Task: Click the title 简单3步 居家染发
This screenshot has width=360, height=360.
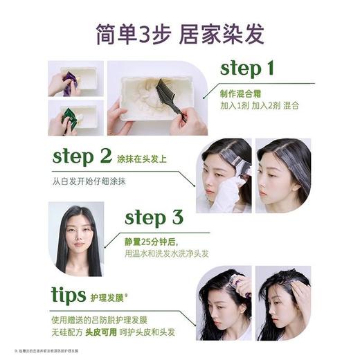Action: (x=180, y=33)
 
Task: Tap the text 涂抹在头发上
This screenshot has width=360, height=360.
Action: (x=143, y=159)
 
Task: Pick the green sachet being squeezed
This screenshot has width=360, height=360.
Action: (x=69, y=118)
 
